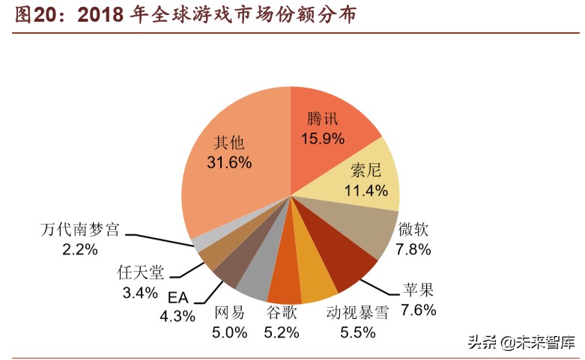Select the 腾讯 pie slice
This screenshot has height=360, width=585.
tap(330, 127)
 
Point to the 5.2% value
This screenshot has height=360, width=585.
tap(282, 332)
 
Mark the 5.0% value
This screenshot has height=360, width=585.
tap(229, 332)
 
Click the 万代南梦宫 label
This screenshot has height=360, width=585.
tap(79, 229)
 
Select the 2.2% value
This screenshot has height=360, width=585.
tap(79, 249)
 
